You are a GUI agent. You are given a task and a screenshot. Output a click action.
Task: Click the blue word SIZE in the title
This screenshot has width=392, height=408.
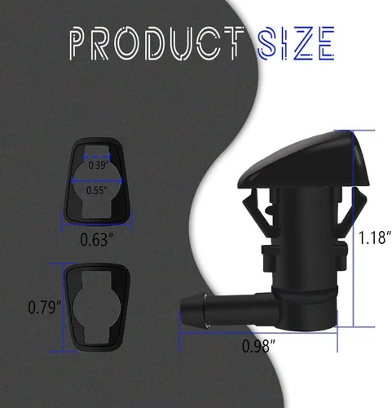pos(296,43)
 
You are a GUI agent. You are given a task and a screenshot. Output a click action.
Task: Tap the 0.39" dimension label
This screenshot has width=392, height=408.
pos(99,165)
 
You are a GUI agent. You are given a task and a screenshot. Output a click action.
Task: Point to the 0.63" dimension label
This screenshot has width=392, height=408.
pos(96,240)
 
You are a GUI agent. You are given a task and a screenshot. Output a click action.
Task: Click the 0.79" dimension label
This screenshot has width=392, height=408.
pos(45,307)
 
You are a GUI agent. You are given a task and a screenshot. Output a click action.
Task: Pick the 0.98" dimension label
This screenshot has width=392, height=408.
pos(258,346)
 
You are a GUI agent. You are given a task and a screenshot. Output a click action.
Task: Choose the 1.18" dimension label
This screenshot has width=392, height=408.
pos(375,237)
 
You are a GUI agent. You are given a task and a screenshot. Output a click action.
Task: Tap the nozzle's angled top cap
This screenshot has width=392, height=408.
pos(303,161)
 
